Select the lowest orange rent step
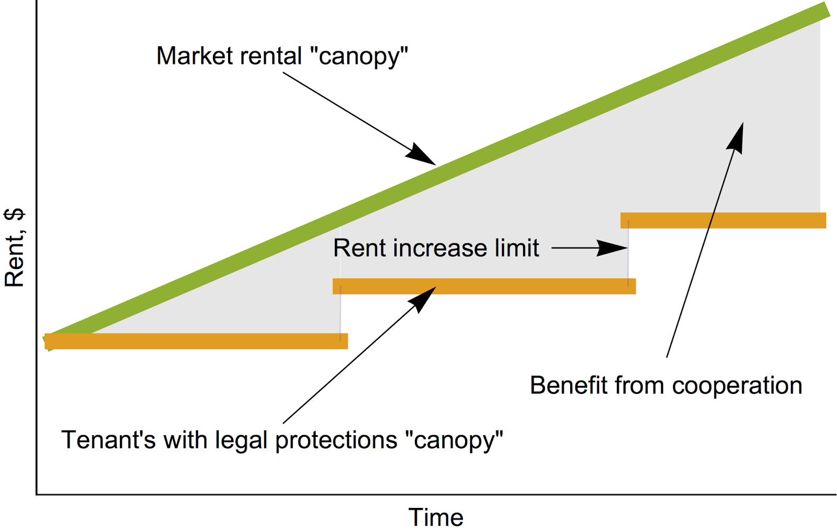coord(196,341)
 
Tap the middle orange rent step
coord(484,286)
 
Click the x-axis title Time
coord(436,517)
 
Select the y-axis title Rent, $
coord(15,247)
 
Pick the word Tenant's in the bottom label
coord(108,439)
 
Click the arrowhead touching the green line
coord(423,155)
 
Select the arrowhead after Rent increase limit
coord(613,248)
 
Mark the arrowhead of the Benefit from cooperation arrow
coord(737,138)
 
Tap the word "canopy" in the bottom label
coord(454,440)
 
